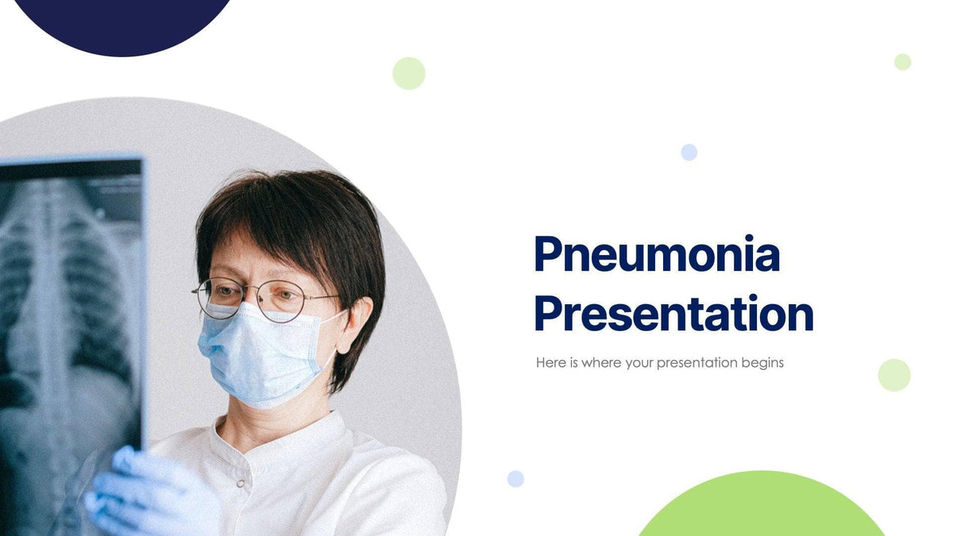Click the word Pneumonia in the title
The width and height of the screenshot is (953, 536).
pos(657,256)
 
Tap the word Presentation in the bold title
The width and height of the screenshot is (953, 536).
pos(673,314)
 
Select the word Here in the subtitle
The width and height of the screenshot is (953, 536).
pos(551,363)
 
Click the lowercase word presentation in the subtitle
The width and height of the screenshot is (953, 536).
pos(682,363)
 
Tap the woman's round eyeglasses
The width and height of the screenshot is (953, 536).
pos(262,297)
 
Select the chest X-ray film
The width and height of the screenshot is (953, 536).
pos(68,318)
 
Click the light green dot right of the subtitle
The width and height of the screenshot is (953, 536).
pos(894,375)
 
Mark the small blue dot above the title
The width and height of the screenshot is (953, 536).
pos(689,152)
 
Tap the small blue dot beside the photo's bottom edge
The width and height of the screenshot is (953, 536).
pos(515,479)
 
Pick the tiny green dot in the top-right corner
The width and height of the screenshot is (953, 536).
pos(902,62)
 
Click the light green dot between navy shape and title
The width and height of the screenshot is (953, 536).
pos(409,73)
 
